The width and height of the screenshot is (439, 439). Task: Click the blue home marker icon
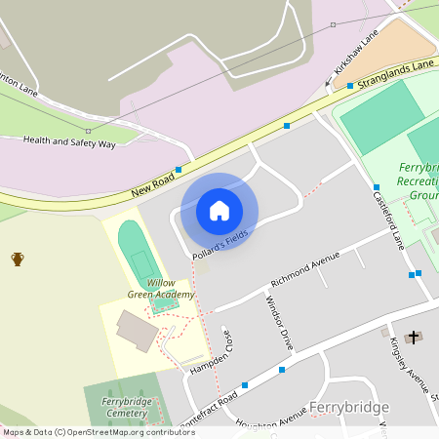pyautogui.click(x=219, y=211)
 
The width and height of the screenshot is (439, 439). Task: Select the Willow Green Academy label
pyautogui.click(x=160, y=288)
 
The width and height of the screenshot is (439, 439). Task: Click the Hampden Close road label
pyautogui.click(x=211, y=349)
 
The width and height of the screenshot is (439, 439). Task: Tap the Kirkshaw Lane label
pyautogui.click(x=355, y=57)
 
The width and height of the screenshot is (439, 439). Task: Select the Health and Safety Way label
pyautogui.click(x=69, y=142)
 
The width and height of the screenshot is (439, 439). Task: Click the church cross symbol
pyautogui.click(x=413, y=338)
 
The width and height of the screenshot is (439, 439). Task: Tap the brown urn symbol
pyautogui.click(x=18, y=259)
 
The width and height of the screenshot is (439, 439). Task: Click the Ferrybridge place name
pyautogui.click(x=349, y=406)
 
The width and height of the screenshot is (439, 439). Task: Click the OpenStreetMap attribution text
pyautogui.click(x=98, y=432)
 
